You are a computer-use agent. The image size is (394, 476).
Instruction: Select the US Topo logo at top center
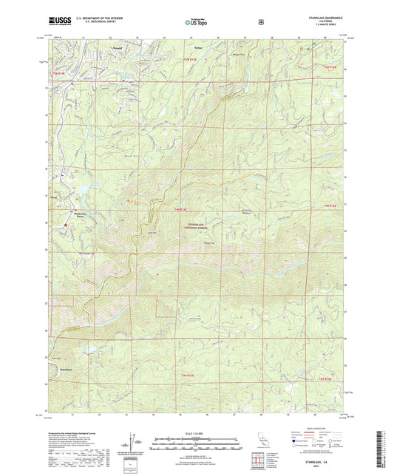(196, 23)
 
